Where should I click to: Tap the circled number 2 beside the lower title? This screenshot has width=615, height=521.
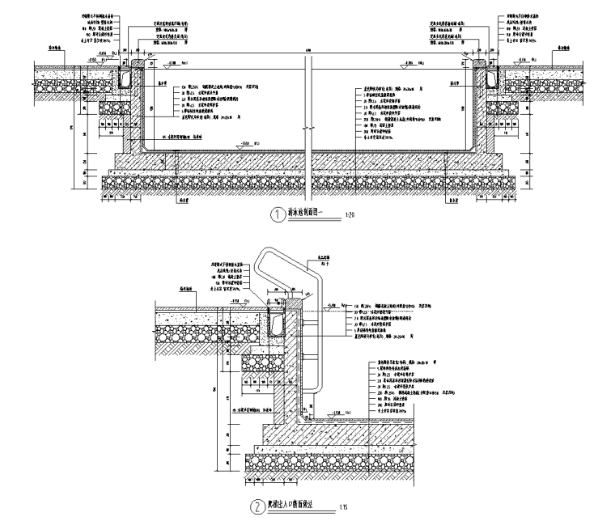pos(256,507)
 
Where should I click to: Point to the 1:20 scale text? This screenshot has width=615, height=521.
pos(350,216)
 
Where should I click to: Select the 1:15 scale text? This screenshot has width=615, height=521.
pos(344,508)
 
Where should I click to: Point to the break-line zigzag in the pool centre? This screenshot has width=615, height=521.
pos(307,129)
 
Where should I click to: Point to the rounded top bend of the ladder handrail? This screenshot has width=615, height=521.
pos(267,256)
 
